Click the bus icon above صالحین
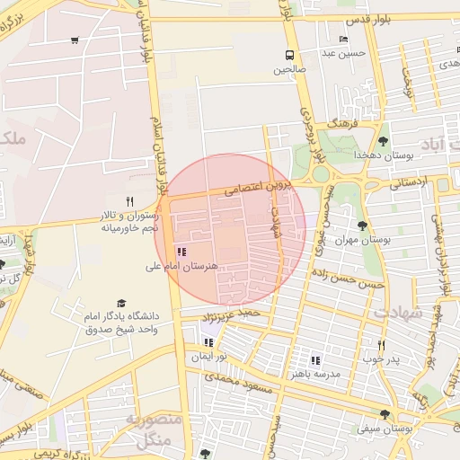click(289, 54)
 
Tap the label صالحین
click(290, 68)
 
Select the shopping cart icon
click(74, 40)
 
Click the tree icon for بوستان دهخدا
click(384, 141)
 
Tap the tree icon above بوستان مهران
click(362, 226)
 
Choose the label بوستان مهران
click(365, 241)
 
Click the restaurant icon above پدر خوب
click(381, 345)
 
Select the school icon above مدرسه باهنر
click(314, 359)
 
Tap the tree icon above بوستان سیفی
click(385, 414)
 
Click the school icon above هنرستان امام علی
click(182, 252)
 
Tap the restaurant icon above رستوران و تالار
click(131, 201)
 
